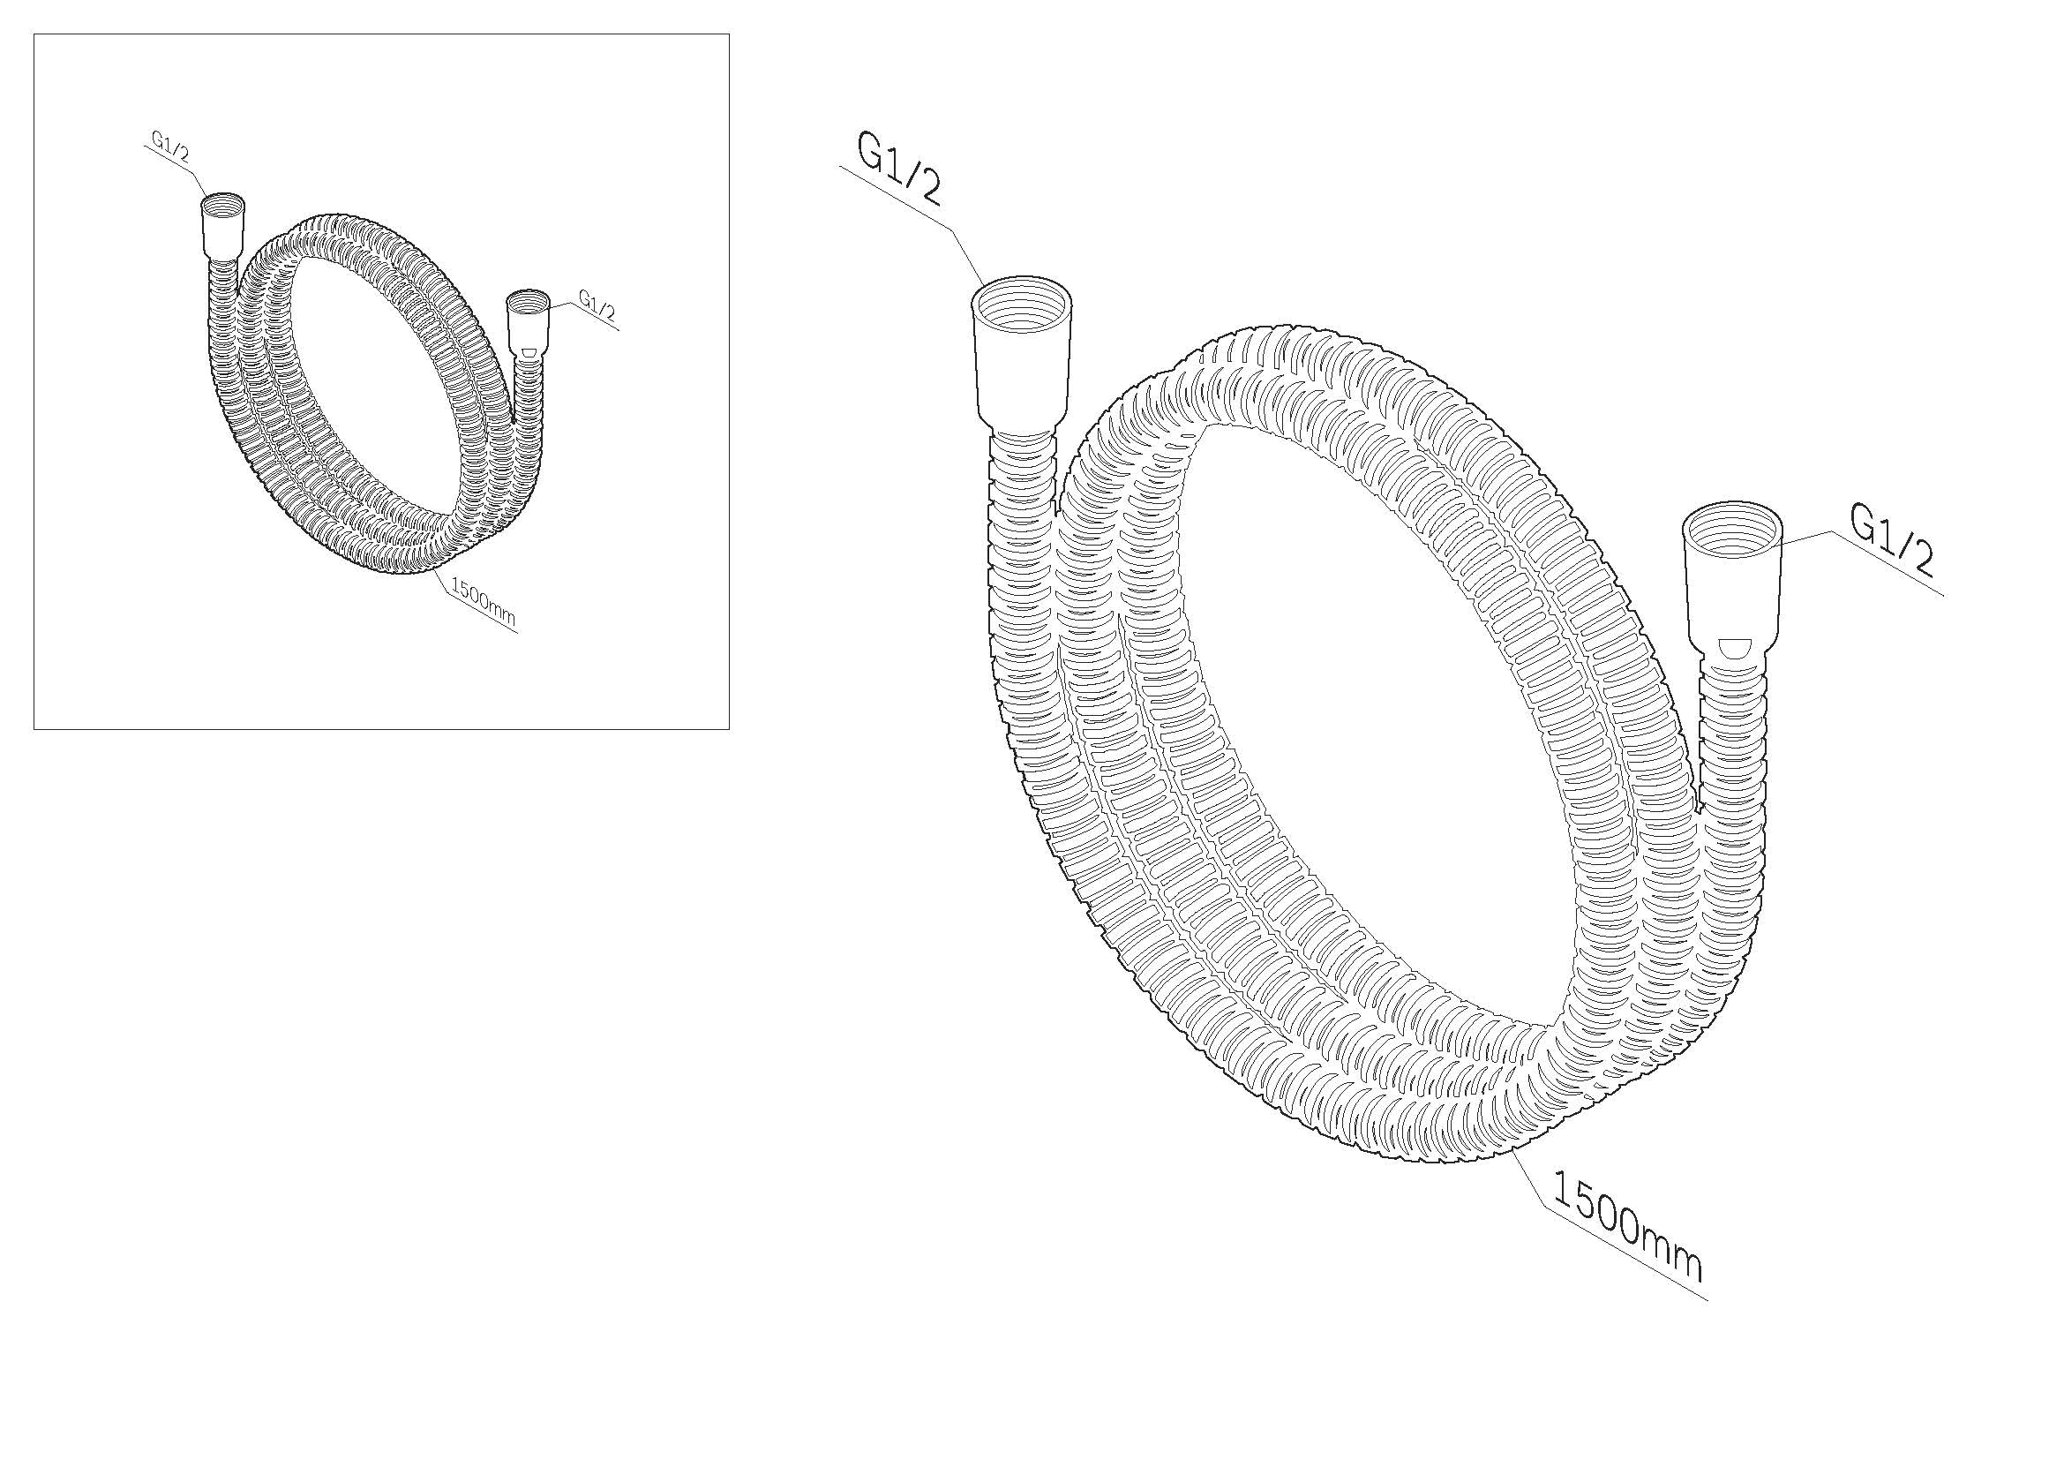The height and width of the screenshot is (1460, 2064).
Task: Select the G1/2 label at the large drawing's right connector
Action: click(1891, 540)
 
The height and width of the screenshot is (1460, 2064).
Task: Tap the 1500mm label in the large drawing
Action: click(1626, 1227)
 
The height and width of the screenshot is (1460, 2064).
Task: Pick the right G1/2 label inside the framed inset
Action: click(597, 303)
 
